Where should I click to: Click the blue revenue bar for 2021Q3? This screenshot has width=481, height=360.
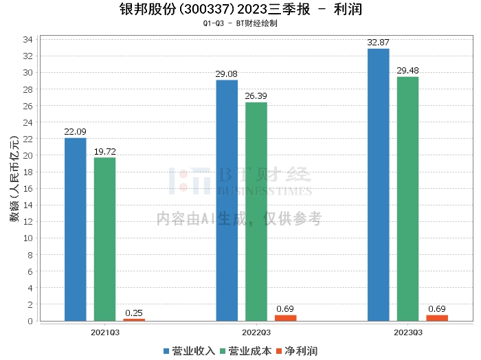click(76, 229)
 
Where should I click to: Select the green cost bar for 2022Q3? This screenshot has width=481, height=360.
click(256, 212)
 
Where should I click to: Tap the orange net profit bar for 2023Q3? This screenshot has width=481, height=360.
click(437, 318)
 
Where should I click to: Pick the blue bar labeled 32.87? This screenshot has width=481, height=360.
click(379, 185)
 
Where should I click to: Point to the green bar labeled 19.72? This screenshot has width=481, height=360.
click(105, 239)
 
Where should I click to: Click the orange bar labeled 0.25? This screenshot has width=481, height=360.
click(134, 320)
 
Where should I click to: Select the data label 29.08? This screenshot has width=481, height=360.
click(226, 74)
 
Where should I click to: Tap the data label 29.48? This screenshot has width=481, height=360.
click(407, 71)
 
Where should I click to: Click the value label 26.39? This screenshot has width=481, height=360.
click(256, 96)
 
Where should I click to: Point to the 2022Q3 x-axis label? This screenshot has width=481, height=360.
click(256, 333)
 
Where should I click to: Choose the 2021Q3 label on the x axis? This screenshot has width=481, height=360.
click(105, 333)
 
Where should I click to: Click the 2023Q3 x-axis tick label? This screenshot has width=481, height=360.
click(408, 333)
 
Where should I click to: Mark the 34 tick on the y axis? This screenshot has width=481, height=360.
click(27, 39)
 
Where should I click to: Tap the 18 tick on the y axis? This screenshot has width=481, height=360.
click(27, 172)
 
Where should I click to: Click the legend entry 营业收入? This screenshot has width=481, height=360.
click(189, 351)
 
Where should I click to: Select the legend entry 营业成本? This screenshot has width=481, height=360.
click(246, 351)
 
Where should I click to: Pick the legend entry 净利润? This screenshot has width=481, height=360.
click(297, 351)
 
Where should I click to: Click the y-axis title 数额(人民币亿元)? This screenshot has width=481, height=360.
click(14, 179)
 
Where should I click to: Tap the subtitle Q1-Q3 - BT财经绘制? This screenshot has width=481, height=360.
click(240, 23)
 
